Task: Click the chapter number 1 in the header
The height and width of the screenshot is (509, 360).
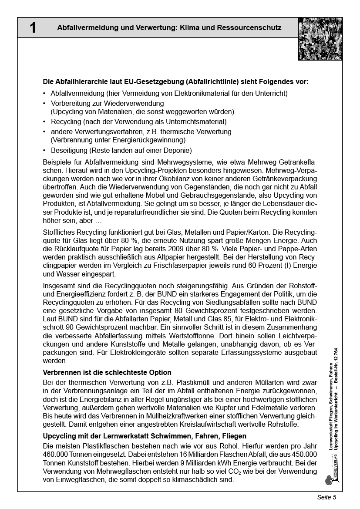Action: [x=33, y=28]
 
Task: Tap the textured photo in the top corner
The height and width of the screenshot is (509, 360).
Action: [x=320, y=39]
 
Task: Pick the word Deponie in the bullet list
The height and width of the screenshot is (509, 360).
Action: [x=178, y=151]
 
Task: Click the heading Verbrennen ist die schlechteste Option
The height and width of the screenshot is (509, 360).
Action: [x=107, y=372]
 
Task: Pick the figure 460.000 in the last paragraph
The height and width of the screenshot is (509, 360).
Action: [x=58, y=454]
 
